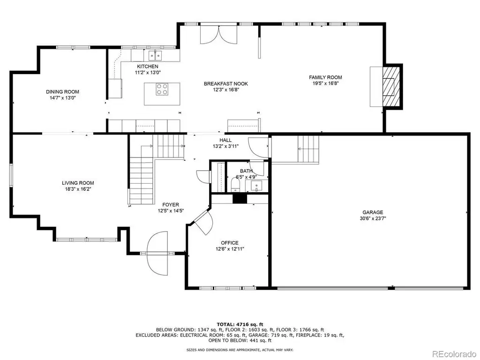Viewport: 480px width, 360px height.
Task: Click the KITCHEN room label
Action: click(x=148, y=67)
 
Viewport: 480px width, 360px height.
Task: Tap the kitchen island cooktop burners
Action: click(x=162, y=89)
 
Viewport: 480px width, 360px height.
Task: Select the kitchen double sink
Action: click(x=155, y=55)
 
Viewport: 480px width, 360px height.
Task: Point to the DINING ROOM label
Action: click(x=62, y=91)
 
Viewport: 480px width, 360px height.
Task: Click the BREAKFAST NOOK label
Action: click(x=226, y=83)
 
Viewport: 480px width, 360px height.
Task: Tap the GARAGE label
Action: click(x=373, y=212)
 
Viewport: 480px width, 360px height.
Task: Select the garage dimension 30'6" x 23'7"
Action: click(x=373, y=218)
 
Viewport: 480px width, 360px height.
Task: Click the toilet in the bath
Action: click(x=235, y=185)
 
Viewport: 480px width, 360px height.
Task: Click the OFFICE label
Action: click(x=230, y=243)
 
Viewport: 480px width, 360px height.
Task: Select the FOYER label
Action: click(x=171, y=204)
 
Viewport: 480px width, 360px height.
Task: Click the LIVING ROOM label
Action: click(x=78, y=183)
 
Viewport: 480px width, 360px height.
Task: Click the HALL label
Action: click(x=225, y=140)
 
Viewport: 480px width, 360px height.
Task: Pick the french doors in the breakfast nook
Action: click(x=219, y=35)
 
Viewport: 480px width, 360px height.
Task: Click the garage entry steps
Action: click(x=308, y=149)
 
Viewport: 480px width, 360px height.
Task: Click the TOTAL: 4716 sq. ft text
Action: click(x=240, y=324)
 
